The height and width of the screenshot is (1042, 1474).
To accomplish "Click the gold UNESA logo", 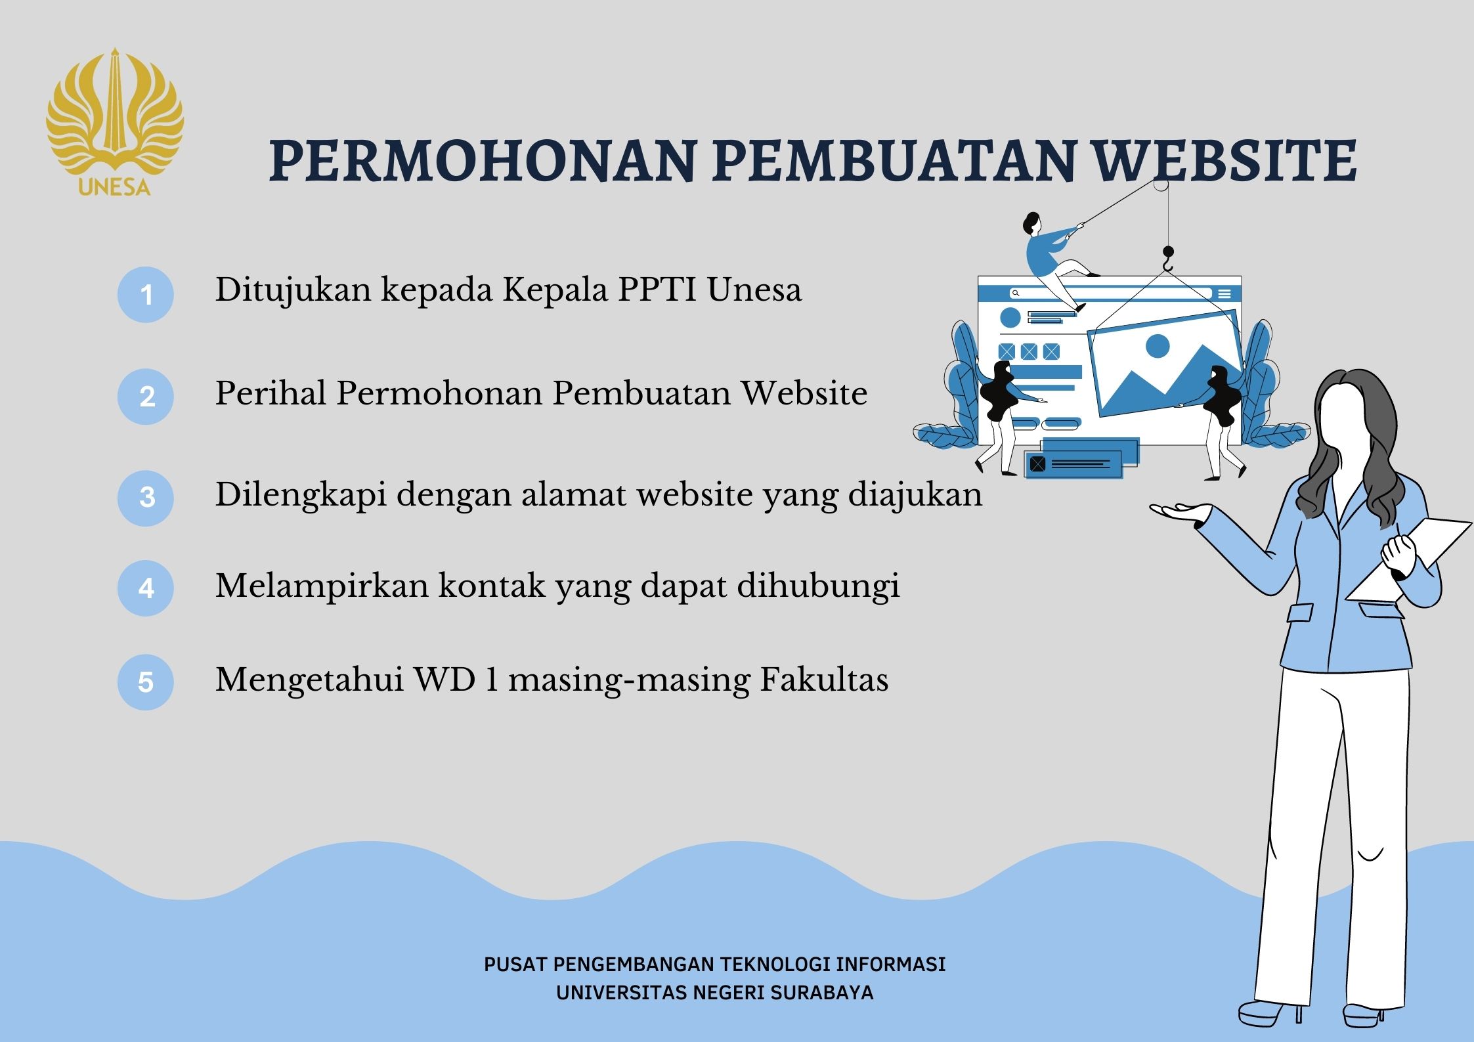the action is point(115,122).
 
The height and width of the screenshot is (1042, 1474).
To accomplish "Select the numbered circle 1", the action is point(145,294).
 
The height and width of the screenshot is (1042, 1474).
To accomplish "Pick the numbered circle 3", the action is point(145,498).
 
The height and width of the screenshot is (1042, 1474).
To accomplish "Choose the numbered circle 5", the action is point(145,682).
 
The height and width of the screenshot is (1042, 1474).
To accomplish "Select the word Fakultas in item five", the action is point(824,679).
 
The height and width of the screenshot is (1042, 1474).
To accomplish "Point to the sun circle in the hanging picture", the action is point(1158,346).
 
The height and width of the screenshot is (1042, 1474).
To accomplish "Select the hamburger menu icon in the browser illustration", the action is point(1225,294).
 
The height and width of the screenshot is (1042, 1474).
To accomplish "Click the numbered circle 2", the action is point(145,396).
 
